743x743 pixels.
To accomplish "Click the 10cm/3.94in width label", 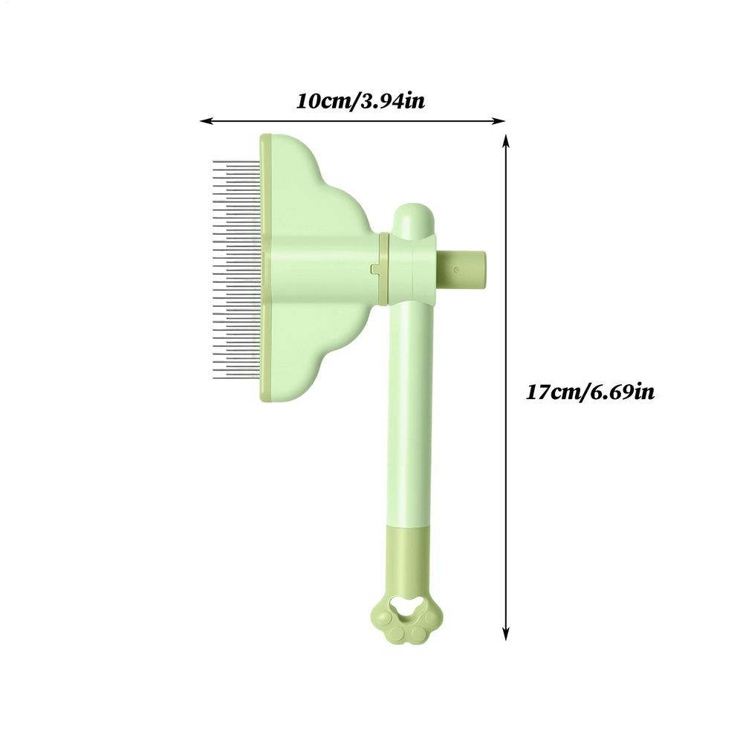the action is (x=360, y=101).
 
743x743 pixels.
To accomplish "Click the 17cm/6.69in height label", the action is (x=590, y=392).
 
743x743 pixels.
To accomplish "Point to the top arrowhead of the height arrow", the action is (x=505, y=140).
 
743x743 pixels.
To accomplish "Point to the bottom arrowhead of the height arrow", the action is (x=505, y=635).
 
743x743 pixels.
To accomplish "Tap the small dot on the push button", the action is (x=456, y=270).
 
